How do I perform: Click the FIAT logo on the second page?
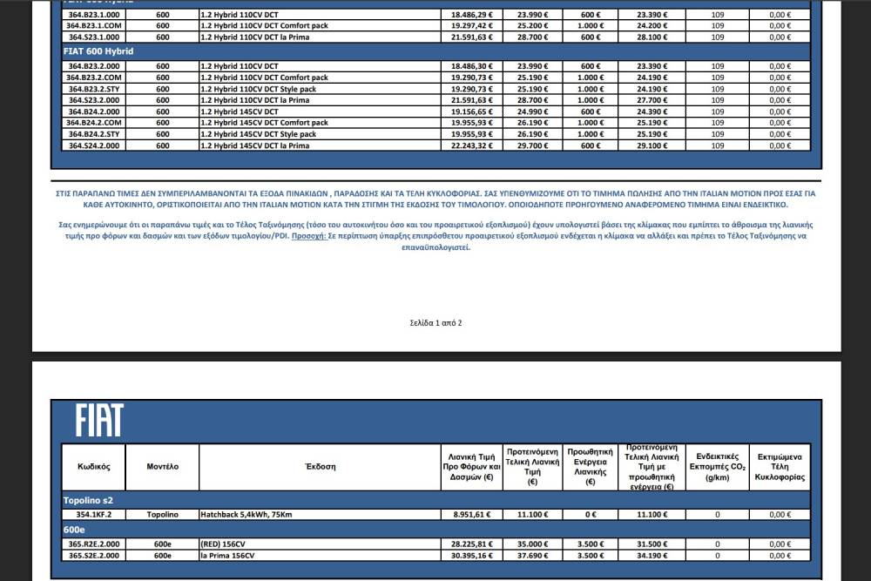tap(98, 421)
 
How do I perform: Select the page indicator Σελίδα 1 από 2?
tap(435, 323)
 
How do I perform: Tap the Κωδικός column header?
tap(93, 467)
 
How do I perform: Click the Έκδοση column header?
tap(320, 467)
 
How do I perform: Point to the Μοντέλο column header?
tap(163, 467)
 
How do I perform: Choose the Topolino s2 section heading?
tap(88, 501)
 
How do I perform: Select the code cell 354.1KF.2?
tap(94, 515)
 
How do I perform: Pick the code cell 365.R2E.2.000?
tap(94, 544)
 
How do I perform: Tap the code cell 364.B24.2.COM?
tap(95, 123)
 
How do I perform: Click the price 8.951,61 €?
tap(472, 515)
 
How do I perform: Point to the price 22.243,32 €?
tap(472, 145)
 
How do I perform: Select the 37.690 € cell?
tap(533, 555)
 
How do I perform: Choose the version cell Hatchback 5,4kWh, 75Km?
tap(246, 515)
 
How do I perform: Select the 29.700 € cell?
tap(533, 145)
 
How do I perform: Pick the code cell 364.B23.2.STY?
tap(95, 89)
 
